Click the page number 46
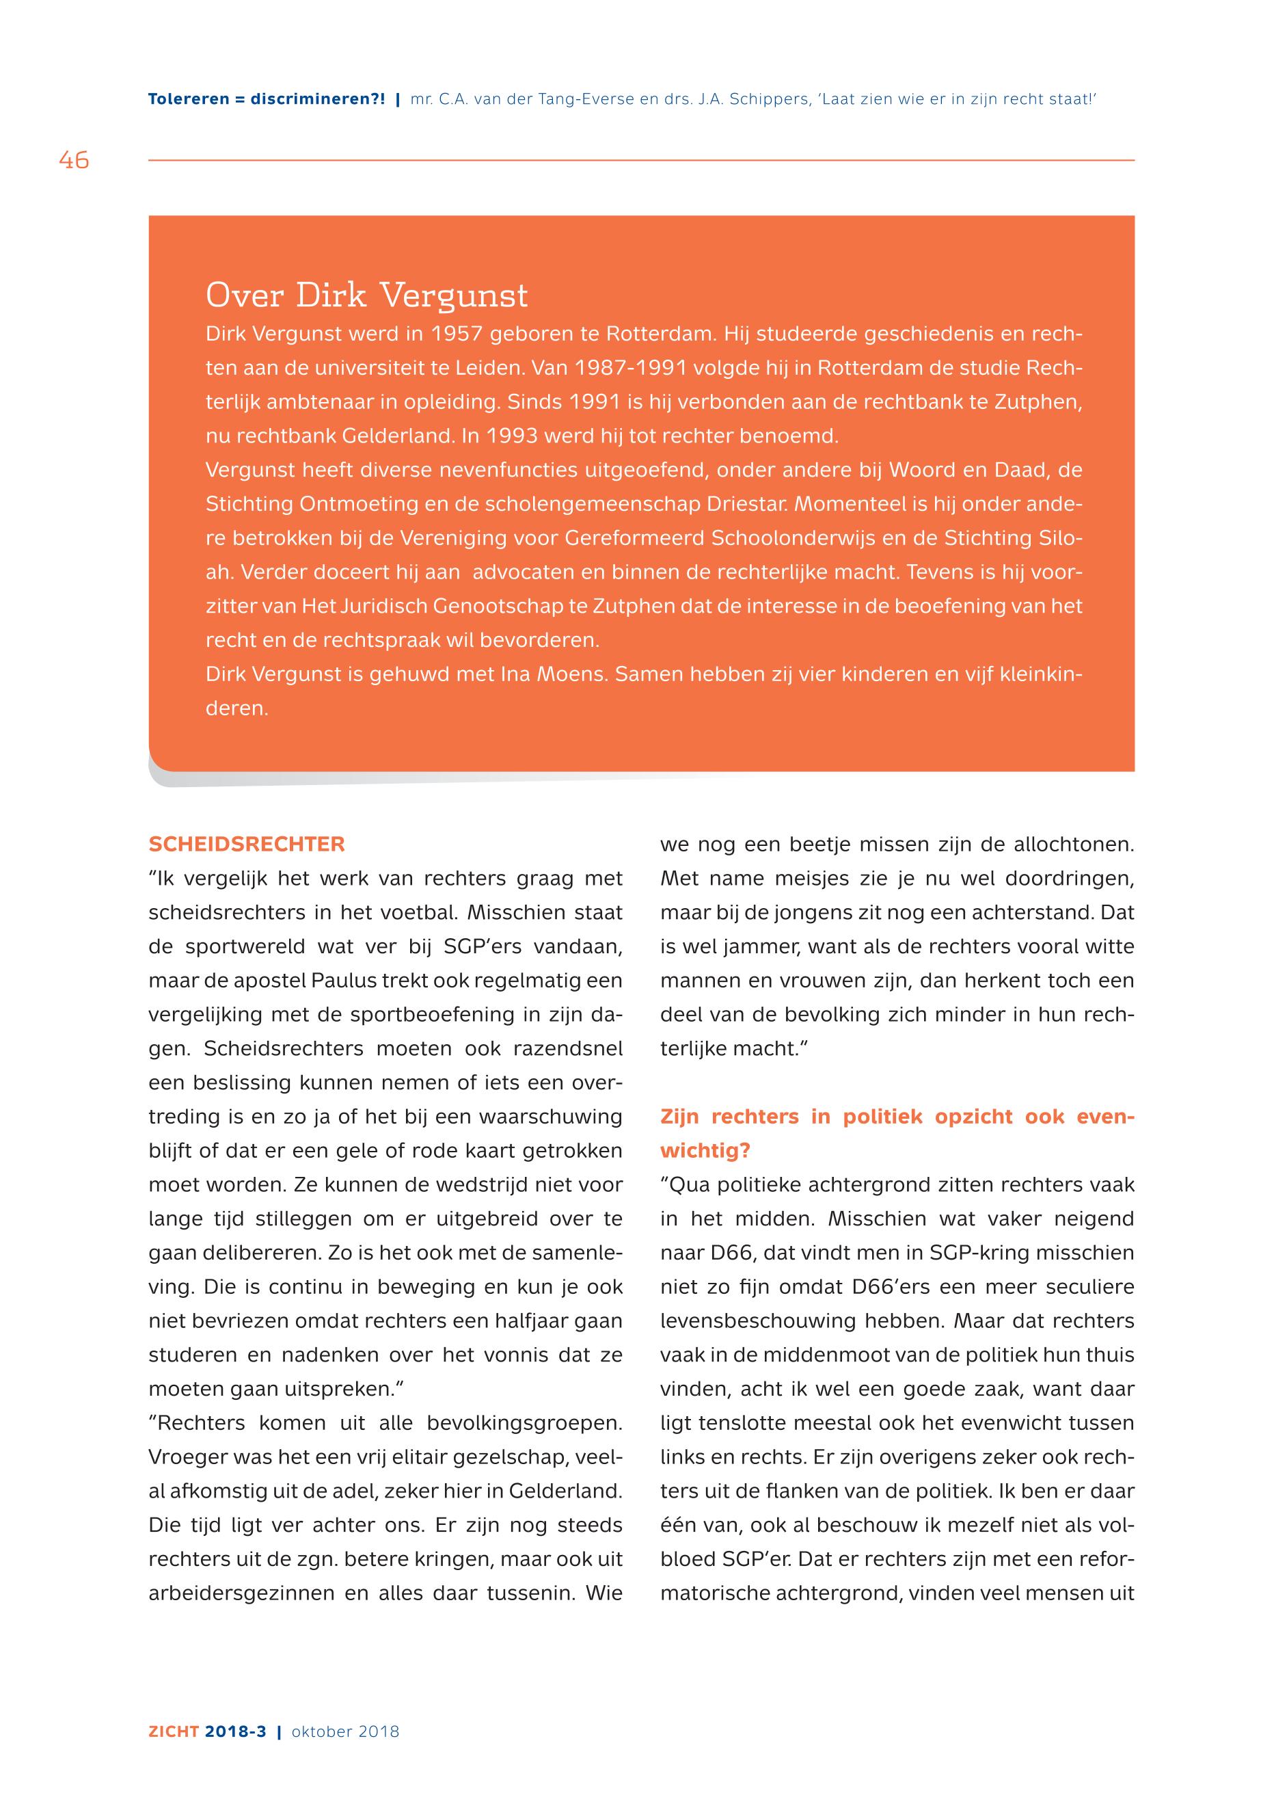click(74, 161)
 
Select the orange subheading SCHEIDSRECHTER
click(247, 845)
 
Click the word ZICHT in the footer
click(174, 1732)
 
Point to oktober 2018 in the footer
click(345, 1732)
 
